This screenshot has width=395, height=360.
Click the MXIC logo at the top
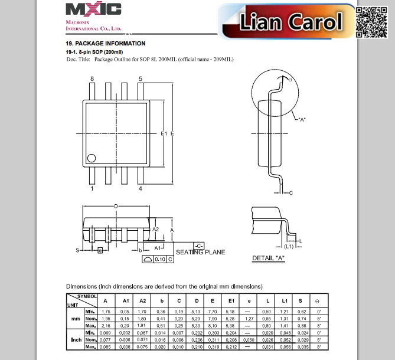point(93,9)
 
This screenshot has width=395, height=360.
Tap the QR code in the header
point(372,22)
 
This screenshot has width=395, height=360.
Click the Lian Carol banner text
point(291,22)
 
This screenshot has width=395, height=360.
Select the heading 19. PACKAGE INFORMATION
point(105,44)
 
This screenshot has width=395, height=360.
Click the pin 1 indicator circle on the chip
point(92,158)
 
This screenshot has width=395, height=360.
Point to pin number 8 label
point(92,78)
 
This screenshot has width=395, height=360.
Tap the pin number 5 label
point(141,78)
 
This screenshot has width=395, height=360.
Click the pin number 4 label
point(141,189)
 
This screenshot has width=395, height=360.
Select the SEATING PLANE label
point(201,253)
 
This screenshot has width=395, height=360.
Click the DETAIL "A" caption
point(269,258)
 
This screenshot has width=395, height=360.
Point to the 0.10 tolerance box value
point(160,259)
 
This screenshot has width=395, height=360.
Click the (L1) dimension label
point(289,247)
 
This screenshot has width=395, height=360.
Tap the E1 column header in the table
point(231,301)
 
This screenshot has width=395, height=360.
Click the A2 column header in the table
point(142,301)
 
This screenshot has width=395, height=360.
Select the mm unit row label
point(75,319)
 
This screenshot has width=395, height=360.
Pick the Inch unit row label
point(76,340)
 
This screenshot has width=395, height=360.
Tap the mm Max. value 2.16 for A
point(106,326)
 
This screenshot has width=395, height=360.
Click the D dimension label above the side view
point(116,206)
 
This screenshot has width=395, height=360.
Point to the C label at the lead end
point(291,193)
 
